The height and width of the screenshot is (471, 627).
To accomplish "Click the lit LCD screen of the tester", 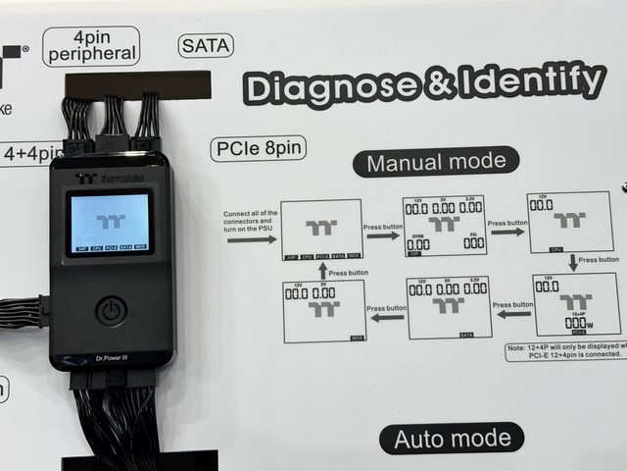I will tap(110, 223).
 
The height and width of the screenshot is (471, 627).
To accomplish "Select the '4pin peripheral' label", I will tap(91, 45).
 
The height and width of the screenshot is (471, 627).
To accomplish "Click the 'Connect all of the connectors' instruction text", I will tap(252, 221).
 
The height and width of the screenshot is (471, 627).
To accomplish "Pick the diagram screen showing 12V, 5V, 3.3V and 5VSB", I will tap(444, 226).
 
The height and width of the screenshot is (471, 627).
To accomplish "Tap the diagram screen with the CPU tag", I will tap(567, 222).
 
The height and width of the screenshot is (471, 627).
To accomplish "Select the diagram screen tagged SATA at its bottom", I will tap(449, 307).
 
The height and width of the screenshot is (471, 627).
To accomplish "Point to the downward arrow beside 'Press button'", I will tap(573, 262).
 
